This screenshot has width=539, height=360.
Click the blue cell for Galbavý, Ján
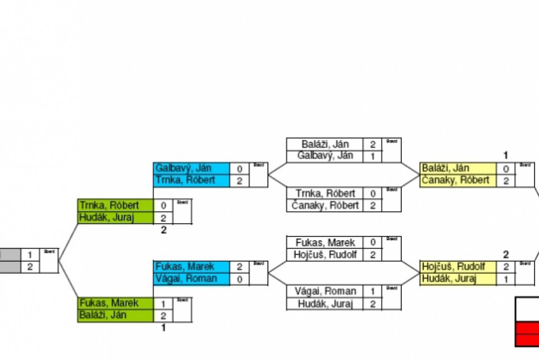(192, 169)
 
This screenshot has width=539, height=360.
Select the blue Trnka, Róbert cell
(192, 181)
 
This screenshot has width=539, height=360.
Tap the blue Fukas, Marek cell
(192, 267)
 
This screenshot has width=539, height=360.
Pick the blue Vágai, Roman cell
(192, 279)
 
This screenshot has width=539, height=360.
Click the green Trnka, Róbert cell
(115, 205)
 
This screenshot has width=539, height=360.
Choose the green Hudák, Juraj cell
(115, 217)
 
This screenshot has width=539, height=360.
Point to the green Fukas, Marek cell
(115, 303)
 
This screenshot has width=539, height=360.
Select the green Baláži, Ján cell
(115, 315)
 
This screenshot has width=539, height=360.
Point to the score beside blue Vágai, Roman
(239, 279)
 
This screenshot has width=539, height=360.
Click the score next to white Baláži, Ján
(373, 144)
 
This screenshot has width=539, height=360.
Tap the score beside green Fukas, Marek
(163, 303)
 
